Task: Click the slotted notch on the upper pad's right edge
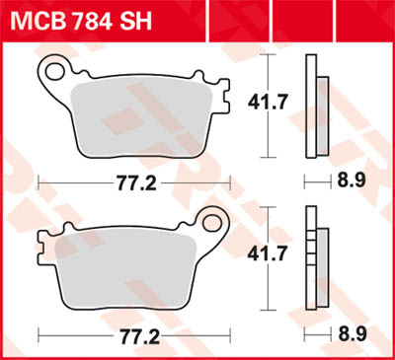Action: click(224, 99)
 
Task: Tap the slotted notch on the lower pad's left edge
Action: click(43, 240)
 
